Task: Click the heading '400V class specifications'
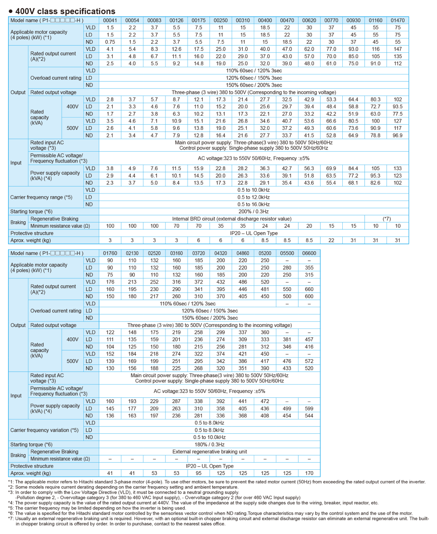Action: coord(65,11)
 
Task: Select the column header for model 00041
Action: coord(110,20)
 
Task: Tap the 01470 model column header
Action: coord(397,20)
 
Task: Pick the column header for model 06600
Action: coord(309,253)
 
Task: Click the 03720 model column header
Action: coord(199,253)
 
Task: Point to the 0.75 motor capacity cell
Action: coord(110,42)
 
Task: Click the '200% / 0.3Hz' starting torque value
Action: coord(253,212)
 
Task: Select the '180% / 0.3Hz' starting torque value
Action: coord(210,444)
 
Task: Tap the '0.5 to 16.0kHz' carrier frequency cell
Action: coord(253,204)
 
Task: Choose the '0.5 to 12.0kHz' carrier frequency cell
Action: coord(253,197)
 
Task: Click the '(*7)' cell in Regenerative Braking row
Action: coord(386,219)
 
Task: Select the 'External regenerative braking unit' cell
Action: coord(210,452)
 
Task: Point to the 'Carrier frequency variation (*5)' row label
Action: coord(45,430)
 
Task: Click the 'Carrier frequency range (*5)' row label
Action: coord(41,197)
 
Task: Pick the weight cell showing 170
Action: coord(309,473)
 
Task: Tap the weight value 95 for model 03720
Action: coord(199,473)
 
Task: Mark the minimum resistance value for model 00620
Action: coord(309,226)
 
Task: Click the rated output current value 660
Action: coord(309,289)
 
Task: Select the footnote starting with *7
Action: coord(218,521)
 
